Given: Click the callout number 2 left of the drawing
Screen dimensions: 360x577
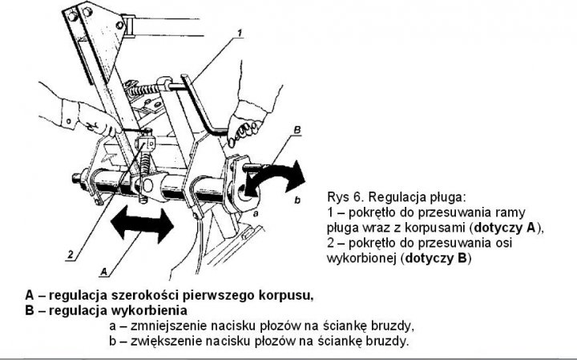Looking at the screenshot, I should pos(71,255).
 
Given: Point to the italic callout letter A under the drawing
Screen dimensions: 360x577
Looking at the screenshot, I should pos(105,262).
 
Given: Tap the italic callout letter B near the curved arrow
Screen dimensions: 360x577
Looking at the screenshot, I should pos(297,129).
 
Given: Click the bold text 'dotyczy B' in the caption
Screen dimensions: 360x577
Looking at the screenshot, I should pos(438,259).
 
